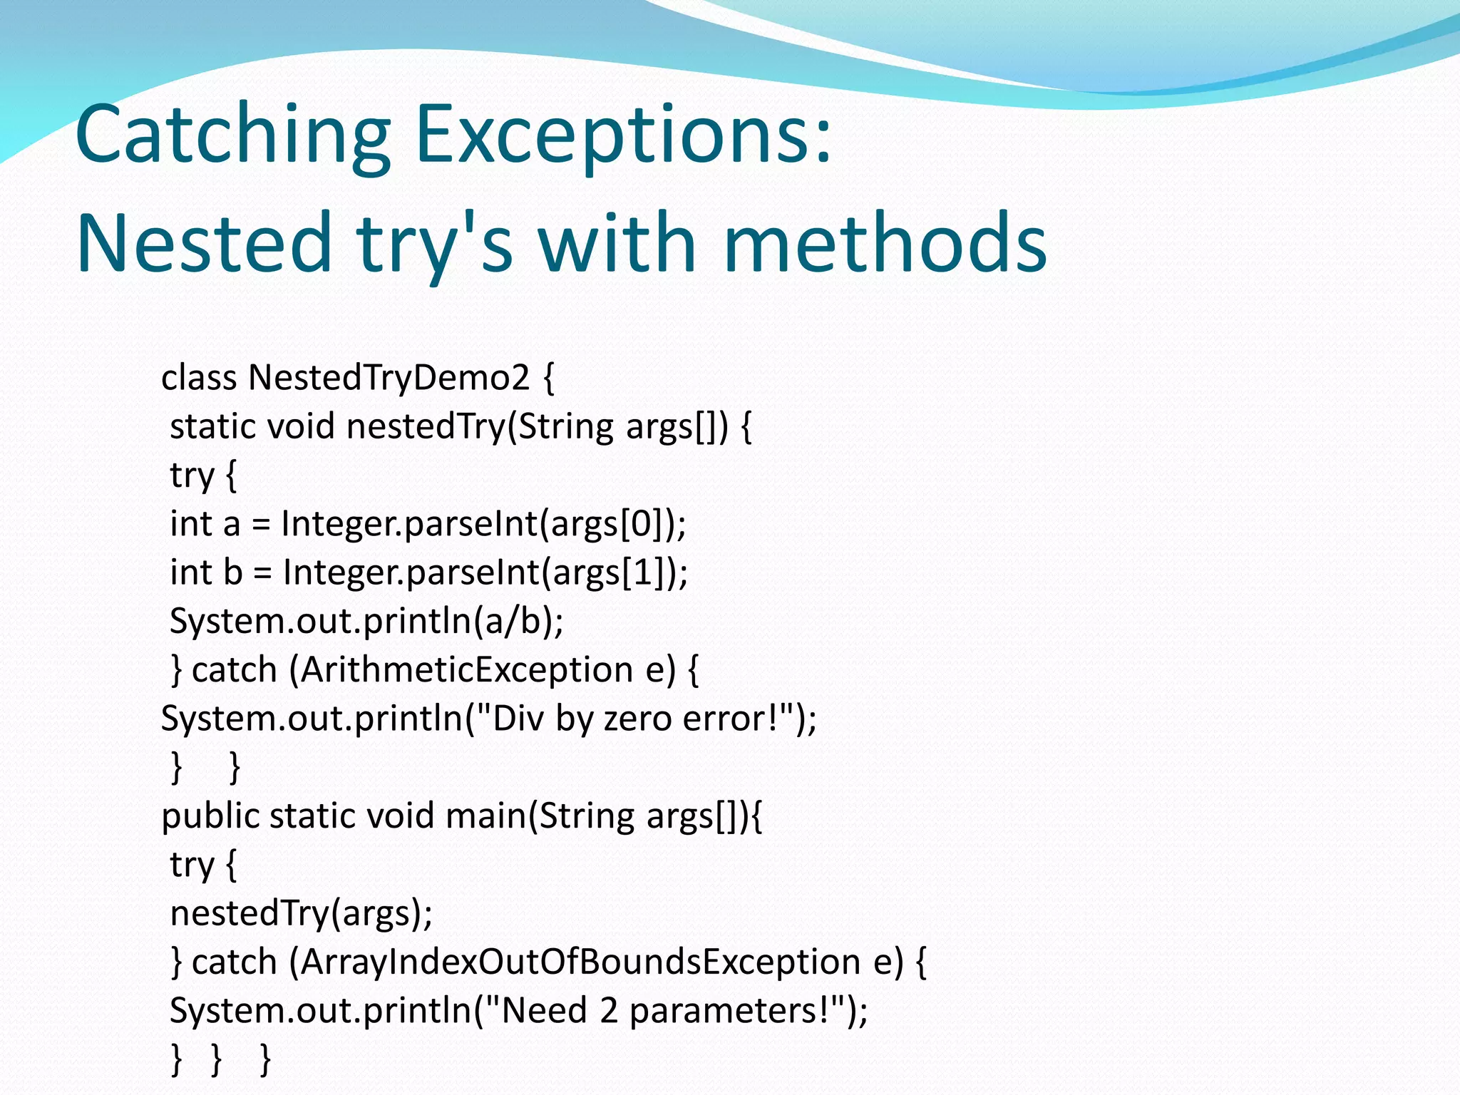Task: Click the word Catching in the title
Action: pos(232,135)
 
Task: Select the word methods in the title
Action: pos(884,242)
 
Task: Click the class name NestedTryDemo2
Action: pos(389,377)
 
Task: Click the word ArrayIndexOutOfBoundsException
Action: pos(580,962)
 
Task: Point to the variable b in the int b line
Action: pos(232,572)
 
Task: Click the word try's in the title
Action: pos(435,242)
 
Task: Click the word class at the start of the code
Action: pos(199,377)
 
